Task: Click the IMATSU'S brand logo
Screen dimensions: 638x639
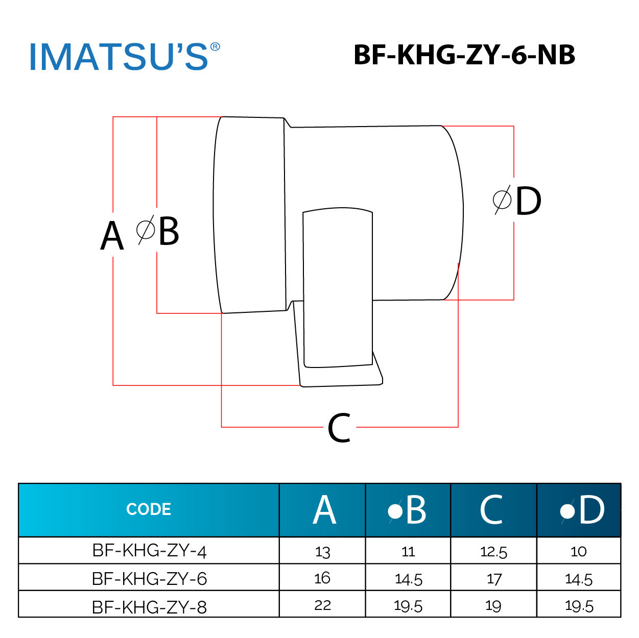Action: click(119, 57)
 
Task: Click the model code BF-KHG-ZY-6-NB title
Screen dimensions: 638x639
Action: click(464, 55)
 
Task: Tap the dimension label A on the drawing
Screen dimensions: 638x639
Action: click(112, 236)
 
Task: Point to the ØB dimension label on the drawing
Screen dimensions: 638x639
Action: click(158, 231)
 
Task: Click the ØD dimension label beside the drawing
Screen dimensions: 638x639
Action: click(517, 201)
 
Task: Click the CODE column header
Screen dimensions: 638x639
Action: click(149, 509)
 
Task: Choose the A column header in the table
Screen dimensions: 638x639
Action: click(324, 510)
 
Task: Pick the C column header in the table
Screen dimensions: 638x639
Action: click(491, 510)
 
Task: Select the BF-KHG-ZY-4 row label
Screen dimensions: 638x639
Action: click(149, 551)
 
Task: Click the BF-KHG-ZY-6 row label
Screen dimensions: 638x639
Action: click(149, 579)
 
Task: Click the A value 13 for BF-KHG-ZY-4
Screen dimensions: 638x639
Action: click(322, 552)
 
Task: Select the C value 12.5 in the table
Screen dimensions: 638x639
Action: click(493, 552)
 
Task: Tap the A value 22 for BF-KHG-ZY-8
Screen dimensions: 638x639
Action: click(322, 605)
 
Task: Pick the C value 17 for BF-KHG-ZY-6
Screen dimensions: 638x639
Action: click(494, 579)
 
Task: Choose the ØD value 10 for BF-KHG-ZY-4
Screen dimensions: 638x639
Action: click(578, 551)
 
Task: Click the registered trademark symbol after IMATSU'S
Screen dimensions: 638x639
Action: click(215, 47)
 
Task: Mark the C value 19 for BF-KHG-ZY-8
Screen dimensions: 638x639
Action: click(493, 606)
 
